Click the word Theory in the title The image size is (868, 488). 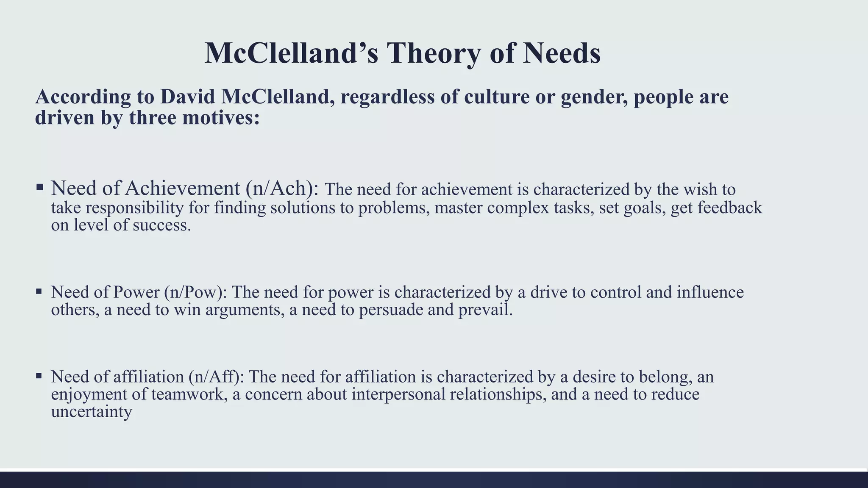(x=434, y=53)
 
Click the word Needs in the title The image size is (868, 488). (x=561, y=53)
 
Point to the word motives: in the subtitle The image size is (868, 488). (x=221, y=118)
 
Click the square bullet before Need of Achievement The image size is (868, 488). (x=39, y=187)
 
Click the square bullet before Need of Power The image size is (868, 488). (x=39, y=291)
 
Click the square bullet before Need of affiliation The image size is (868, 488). (x=39, y=376)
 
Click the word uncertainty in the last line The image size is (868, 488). (x=92, y=412)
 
